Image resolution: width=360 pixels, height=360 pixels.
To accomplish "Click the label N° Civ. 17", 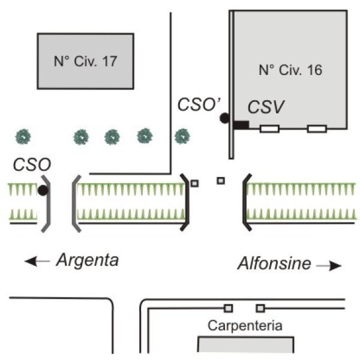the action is (85, 61).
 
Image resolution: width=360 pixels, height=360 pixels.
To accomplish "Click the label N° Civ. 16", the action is (290, 70).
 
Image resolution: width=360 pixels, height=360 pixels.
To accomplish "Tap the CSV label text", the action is (266, 107).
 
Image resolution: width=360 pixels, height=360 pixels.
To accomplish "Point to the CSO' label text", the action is (199, 104).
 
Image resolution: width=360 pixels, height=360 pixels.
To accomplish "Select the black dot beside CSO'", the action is (224, 118).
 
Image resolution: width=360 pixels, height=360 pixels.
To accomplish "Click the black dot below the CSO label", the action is (43, 190).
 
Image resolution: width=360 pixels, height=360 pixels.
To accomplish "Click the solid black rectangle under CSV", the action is (241, 125).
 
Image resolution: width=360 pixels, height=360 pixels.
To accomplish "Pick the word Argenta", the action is (88, 260).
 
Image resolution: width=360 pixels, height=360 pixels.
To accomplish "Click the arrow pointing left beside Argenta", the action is (37, 261).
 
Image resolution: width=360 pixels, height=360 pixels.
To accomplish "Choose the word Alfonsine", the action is (274, 263).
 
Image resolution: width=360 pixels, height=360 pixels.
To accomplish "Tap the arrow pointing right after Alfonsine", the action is (329, 266).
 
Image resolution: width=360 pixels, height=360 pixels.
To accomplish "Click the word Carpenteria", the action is (245, 326).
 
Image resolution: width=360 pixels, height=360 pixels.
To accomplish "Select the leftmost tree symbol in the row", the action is (23, 137).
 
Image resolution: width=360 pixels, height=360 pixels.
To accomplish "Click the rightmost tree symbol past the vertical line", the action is (182, 136).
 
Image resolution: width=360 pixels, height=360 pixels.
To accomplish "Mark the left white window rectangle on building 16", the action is (269, 129).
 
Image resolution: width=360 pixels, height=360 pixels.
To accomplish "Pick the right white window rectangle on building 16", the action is (317, 129).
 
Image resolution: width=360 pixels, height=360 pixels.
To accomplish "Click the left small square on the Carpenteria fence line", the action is (228, 308).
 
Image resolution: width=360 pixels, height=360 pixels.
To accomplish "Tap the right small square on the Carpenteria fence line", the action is (260, 308).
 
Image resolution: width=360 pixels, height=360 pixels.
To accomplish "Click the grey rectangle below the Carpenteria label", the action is (245, 344).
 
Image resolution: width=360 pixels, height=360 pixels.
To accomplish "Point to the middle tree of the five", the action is (112, 137).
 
